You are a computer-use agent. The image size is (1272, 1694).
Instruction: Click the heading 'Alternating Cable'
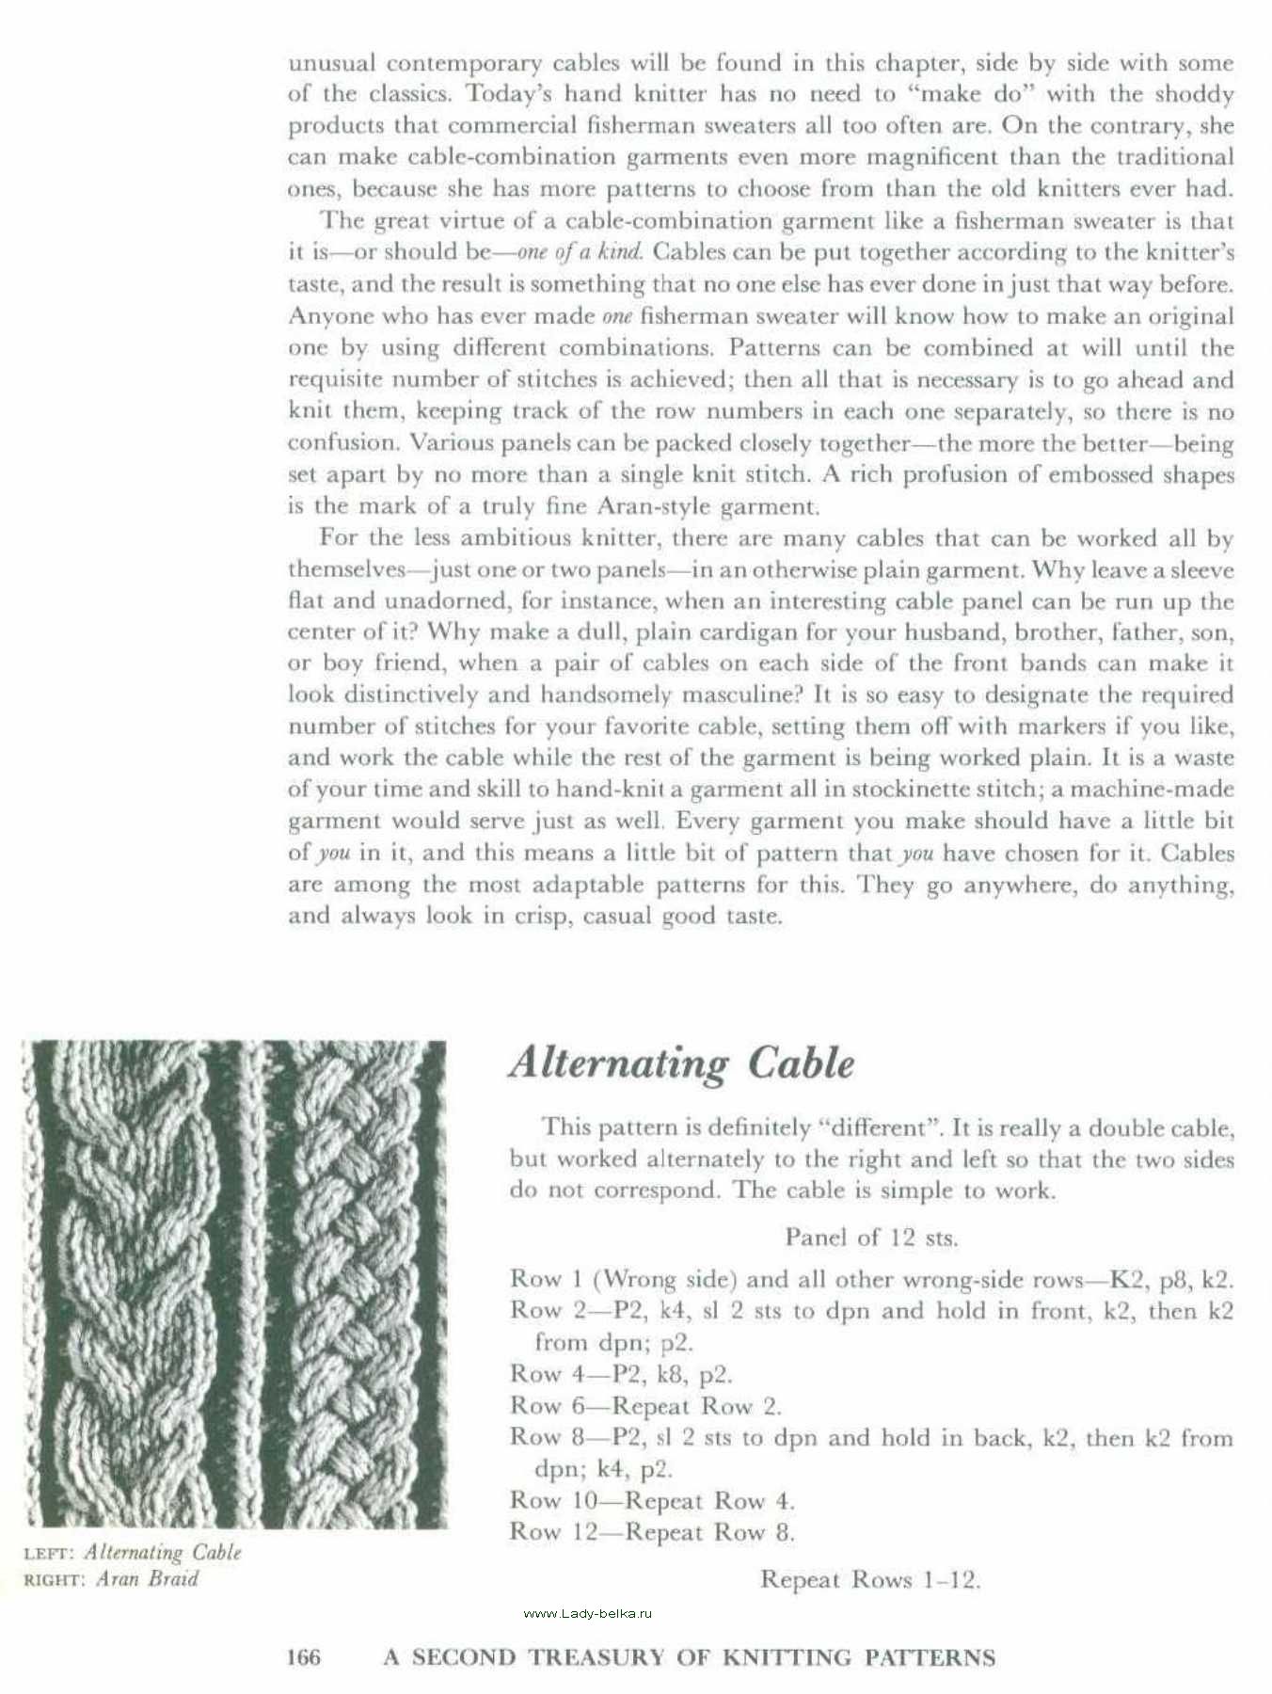681,1063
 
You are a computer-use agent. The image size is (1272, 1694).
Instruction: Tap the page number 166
304,1657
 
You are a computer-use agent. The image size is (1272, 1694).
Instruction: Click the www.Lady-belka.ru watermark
587,1613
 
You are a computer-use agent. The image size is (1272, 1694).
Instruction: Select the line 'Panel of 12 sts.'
871,1237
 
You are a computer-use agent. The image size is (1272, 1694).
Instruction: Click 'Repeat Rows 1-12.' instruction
870,1579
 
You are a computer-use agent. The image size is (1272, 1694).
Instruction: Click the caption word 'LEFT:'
48,1554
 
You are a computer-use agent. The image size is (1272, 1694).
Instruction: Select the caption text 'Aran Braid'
147,1578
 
